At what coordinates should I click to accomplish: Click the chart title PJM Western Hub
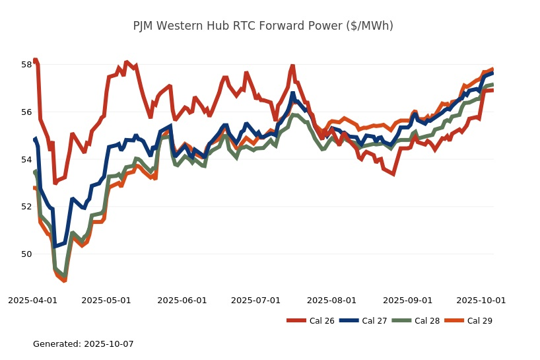(x=263, y=26)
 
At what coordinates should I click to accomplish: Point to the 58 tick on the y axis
(x=26, y=65)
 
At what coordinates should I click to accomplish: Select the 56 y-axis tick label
(x=26, y=112)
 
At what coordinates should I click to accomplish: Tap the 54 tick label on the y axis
(x=26, y=160)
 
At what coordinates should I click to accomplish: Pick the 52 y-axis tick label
(x=26, y=207)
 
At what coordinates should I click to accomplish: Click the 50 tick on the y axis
(x=26, y=254)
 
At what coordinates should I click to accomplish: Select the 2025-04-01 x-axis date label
(x=32, y=300)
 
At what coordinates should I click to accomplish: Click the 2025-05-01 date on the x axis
(x=106, y=300)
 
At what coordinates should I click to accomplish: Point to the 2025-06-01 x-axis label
(x=182, y=300)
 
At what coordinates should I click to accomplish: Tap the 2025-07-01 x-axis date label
(x=255, y=300)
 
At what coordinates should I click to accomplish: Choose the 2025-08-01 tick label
(x=331, y=300)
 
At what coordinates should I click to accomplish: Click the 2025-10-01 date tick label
(x=481, y=300)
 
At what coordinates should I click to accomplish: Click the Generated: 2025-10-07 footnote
(x=83, y=344)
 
